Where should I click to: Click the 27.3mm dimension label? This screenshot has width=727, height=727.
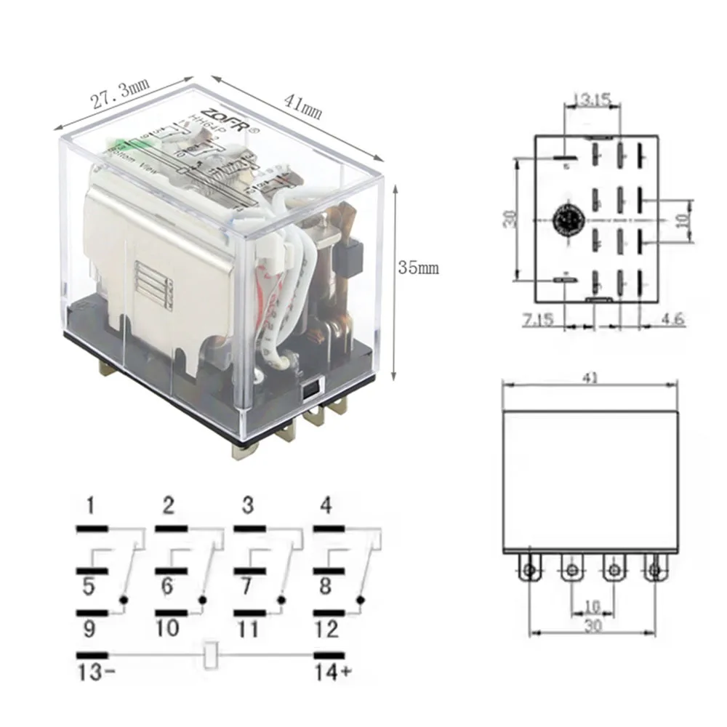(x=120, y=95)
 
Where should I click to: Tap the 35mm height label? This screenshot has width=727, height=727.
(x=418, y=268)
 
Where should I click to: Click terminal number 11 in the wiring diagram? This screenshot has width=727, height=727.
(x=248, y=627)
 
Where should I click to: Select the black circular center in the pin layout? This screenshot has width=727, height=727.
(x=564, y=219)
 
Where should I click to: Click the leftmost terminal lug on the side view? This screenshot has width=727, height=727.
(x=531, y=569)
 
